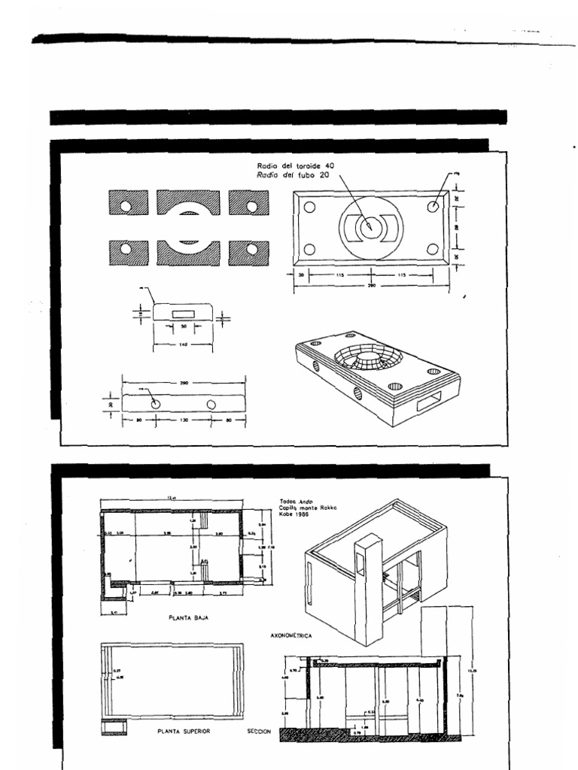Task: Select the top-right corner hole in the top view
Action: coord(433,206)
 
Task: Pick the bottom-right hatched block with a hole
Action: coord(249,250)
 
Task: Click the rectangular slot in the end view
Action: coord(183,312)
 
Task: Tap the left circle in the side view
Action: coord(155,404)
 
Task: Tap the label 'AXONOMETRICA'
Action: coord(291,635)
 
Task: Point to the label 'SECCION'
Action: coord(259,731)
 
